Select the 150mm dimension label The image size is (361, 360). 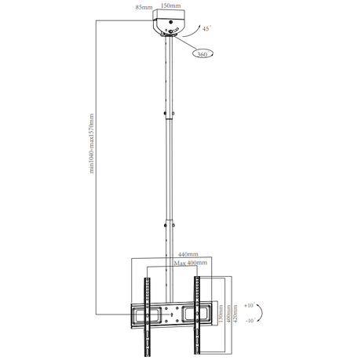pyautogui.click(x=169, y=5)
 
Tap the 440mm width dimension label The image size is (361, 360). pyautogui.click(x=187, y=255)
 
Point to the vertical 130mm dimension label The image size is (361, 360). pyautogui.click(x=221, y=317)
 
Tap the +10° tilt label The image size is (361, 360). pyautogui.click(x=250, y=304)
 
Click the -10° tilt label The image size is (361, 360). pyautogui.click(x=250, y=321)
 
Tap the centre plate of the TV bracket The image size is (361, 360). pyautogui.click(x=171, y=317)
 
